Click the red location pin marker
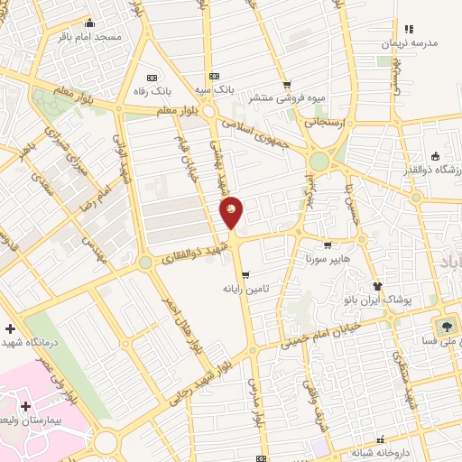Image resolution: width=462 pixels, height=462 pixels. [x=231, y=210]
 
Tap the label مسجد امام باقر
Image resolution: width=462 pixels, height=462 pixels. [x=89, y=37]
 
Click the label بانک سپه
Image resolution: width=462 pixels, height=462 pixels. [x=216, y=91]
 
